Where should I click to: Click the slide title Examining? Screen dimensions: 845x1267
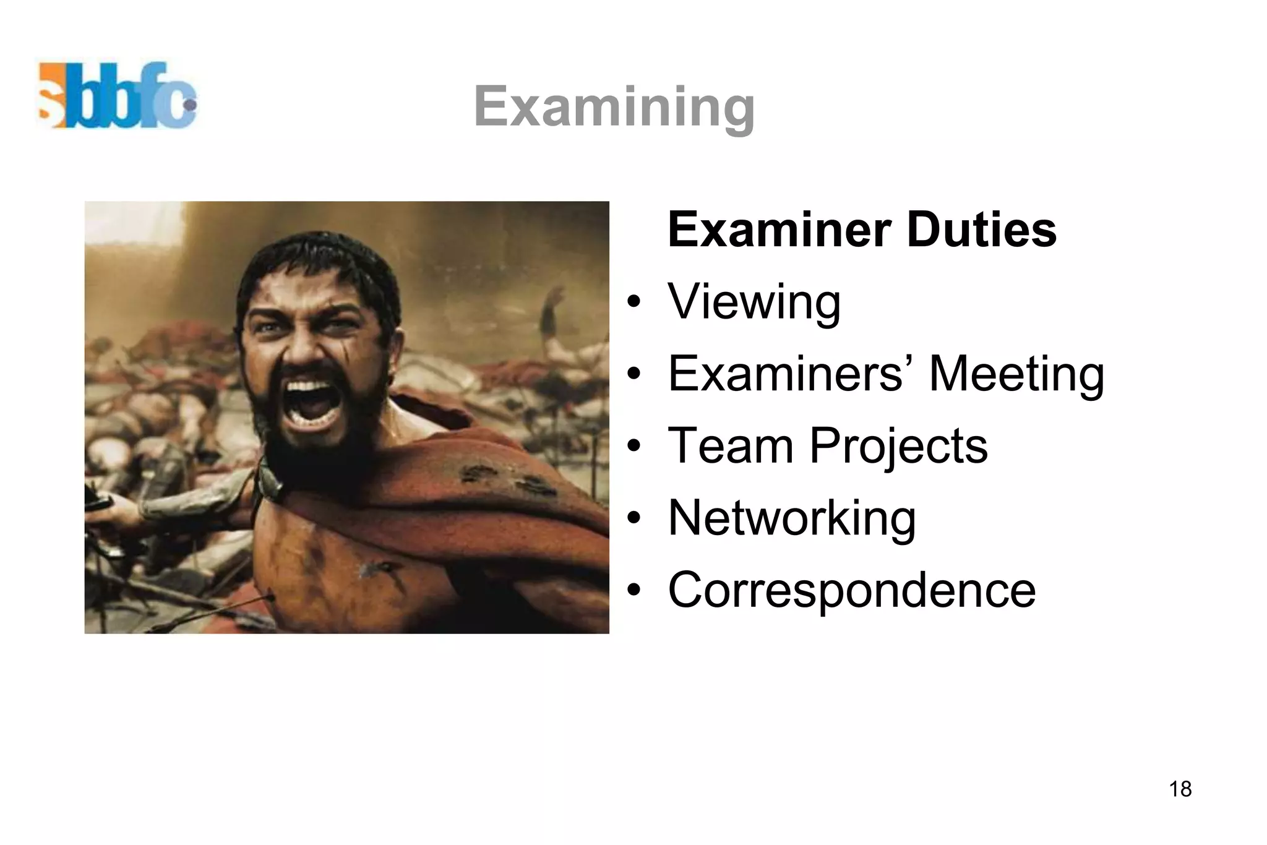coord(614,107)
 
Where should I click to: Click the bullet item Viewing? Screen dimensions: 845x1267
coord(754,302)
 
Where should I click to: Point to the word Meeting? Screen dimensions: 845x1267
coord(1016,374)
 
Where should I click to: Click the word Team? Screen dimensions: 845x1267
coord(731,445)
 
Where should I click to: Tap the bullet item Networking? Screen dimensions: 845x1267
coord(791,518)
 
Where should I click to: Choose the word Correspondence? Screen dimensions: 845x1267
coord(851,590)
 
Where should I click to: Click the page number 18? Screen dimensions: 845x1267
coord(1180,789)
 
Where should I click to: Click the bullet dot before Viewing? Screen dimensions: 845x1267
coord(633,302)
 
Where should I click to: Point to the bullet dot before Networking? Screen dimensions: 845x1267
coord(633,518)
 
